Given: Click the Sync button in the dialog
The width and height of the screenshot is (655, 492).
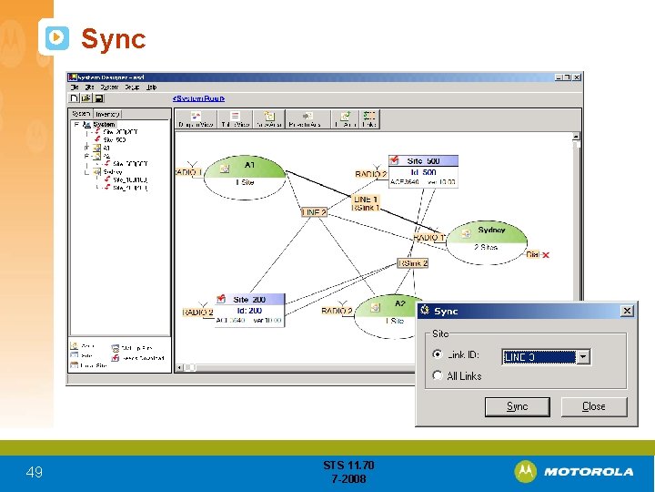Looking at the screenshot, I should (x=517, y=406).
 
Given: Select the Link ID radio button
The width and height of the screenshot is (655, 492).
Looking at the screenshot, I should (x=438, y=355).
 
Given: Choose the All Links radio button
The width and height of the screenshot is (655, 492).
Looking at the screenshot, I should (x=438, y=375).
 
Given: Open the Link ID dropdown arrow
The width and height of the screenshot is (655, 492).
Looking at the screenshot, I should (x=583, y=357).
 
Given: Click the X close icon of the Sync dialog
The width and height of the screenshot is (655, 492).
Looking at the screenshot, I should (x=627, y=311).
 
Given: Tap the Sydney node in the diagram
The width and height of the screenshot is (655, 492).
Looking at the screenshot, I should (x=489, y=237).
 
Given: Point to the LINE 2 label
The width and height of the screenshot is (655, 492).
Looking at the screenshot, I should (x=313, y=212).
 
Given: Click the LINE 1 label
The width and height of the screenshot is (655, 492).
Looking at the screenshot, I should (x=365, y=199).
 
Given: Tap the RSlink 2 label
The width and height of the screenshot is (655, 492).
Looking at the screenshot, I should (x=412, y=263).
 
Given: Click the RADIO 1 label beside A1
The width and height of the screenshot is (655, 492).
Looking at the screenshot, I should (x=186, y=172).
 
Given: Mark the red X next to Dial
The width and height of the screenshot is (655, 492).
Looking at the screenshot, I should (x=546, y=255).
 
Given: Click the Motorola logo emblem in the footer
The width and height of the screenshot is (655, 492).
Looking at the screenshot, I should (x=526, y=471).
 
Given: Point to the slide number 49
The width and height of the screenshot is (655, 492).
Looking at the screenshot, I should (x=35, y=472).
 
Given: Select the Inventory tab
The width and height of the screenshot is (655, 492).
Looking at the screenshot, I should (x=108, y=114).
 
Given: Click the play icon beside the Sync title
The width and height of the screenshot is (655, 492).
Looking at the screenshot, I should (x=56, y=38).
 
